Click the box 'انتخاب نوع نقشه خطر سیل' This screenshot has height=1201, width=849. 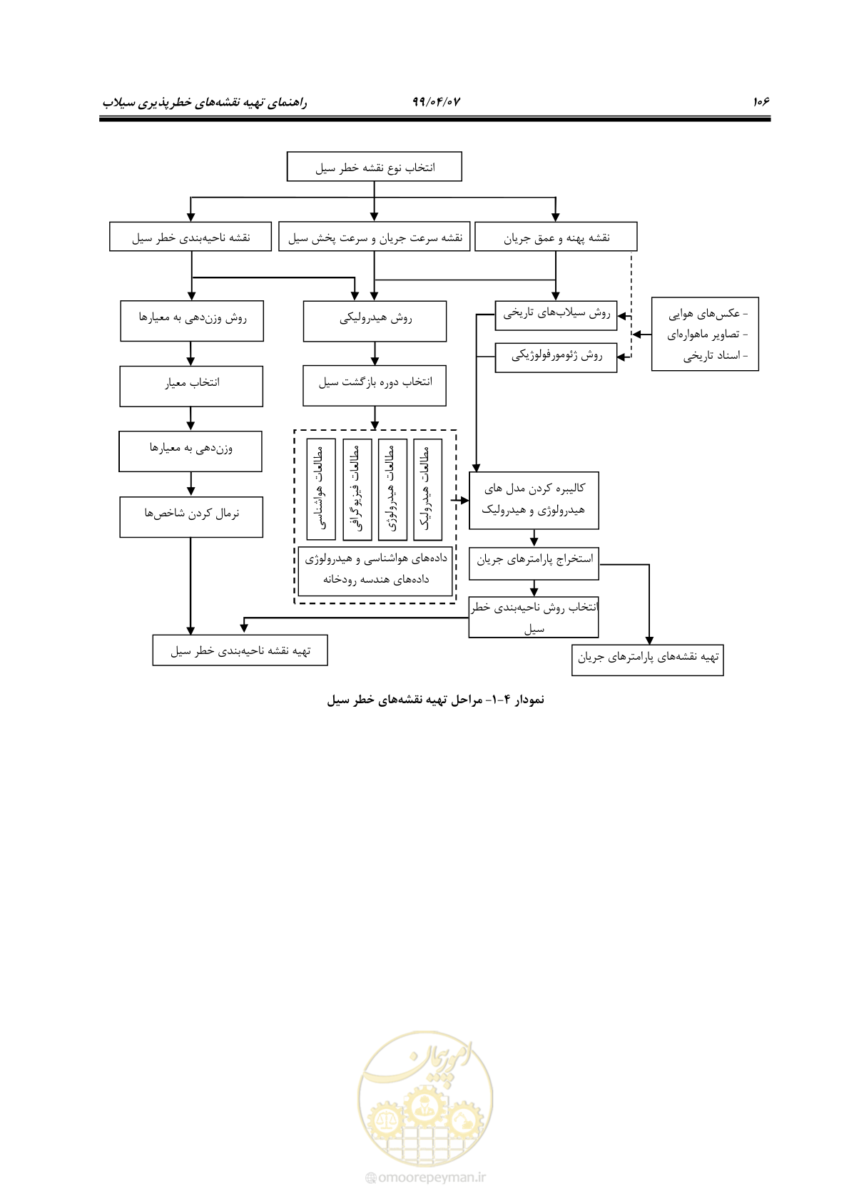coord(375,166)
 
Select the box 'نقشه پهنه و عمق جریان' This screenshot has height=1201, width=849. coord(556,237)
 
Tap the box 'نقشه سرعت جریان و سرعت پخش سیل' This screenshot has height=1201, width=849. coord(375,237)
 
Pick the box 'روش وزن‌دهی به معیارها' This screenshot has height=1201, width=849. coord(192,321)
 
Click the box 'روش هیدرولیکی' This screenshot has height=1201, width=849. coord(375,321)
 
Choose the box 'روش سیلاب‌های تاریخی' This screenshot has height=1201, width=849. coord(556,315)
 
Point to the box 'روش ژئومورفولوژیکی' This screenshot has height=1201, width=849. coord(556,357)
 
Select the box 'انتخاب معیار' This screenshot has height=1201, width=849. coord(191,386)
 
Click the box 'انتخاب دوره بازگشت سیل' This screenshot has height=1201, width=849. coord(375,386)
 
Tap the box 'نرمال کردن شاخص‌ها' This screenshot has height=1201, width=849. coord(191,517)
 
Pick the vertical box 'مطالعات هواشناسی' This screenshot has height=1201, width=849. coord(321,489)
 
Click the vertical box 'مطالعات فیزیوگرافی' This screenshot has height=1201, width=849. coord(357,489)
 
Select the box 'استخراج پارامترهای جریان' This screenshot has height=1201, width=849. coord(534,563)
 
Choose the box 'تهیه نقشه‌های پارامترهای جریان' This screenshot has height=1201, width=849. coord(647,660)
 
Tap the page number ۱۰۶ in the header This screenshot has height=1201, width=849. coord(761,101)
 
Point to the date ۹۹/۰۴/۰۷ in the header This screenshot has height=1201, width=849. coord(436,101)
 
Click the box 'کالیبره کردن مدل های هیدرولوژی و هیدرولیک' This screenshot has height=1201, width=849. coord(534,500)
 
